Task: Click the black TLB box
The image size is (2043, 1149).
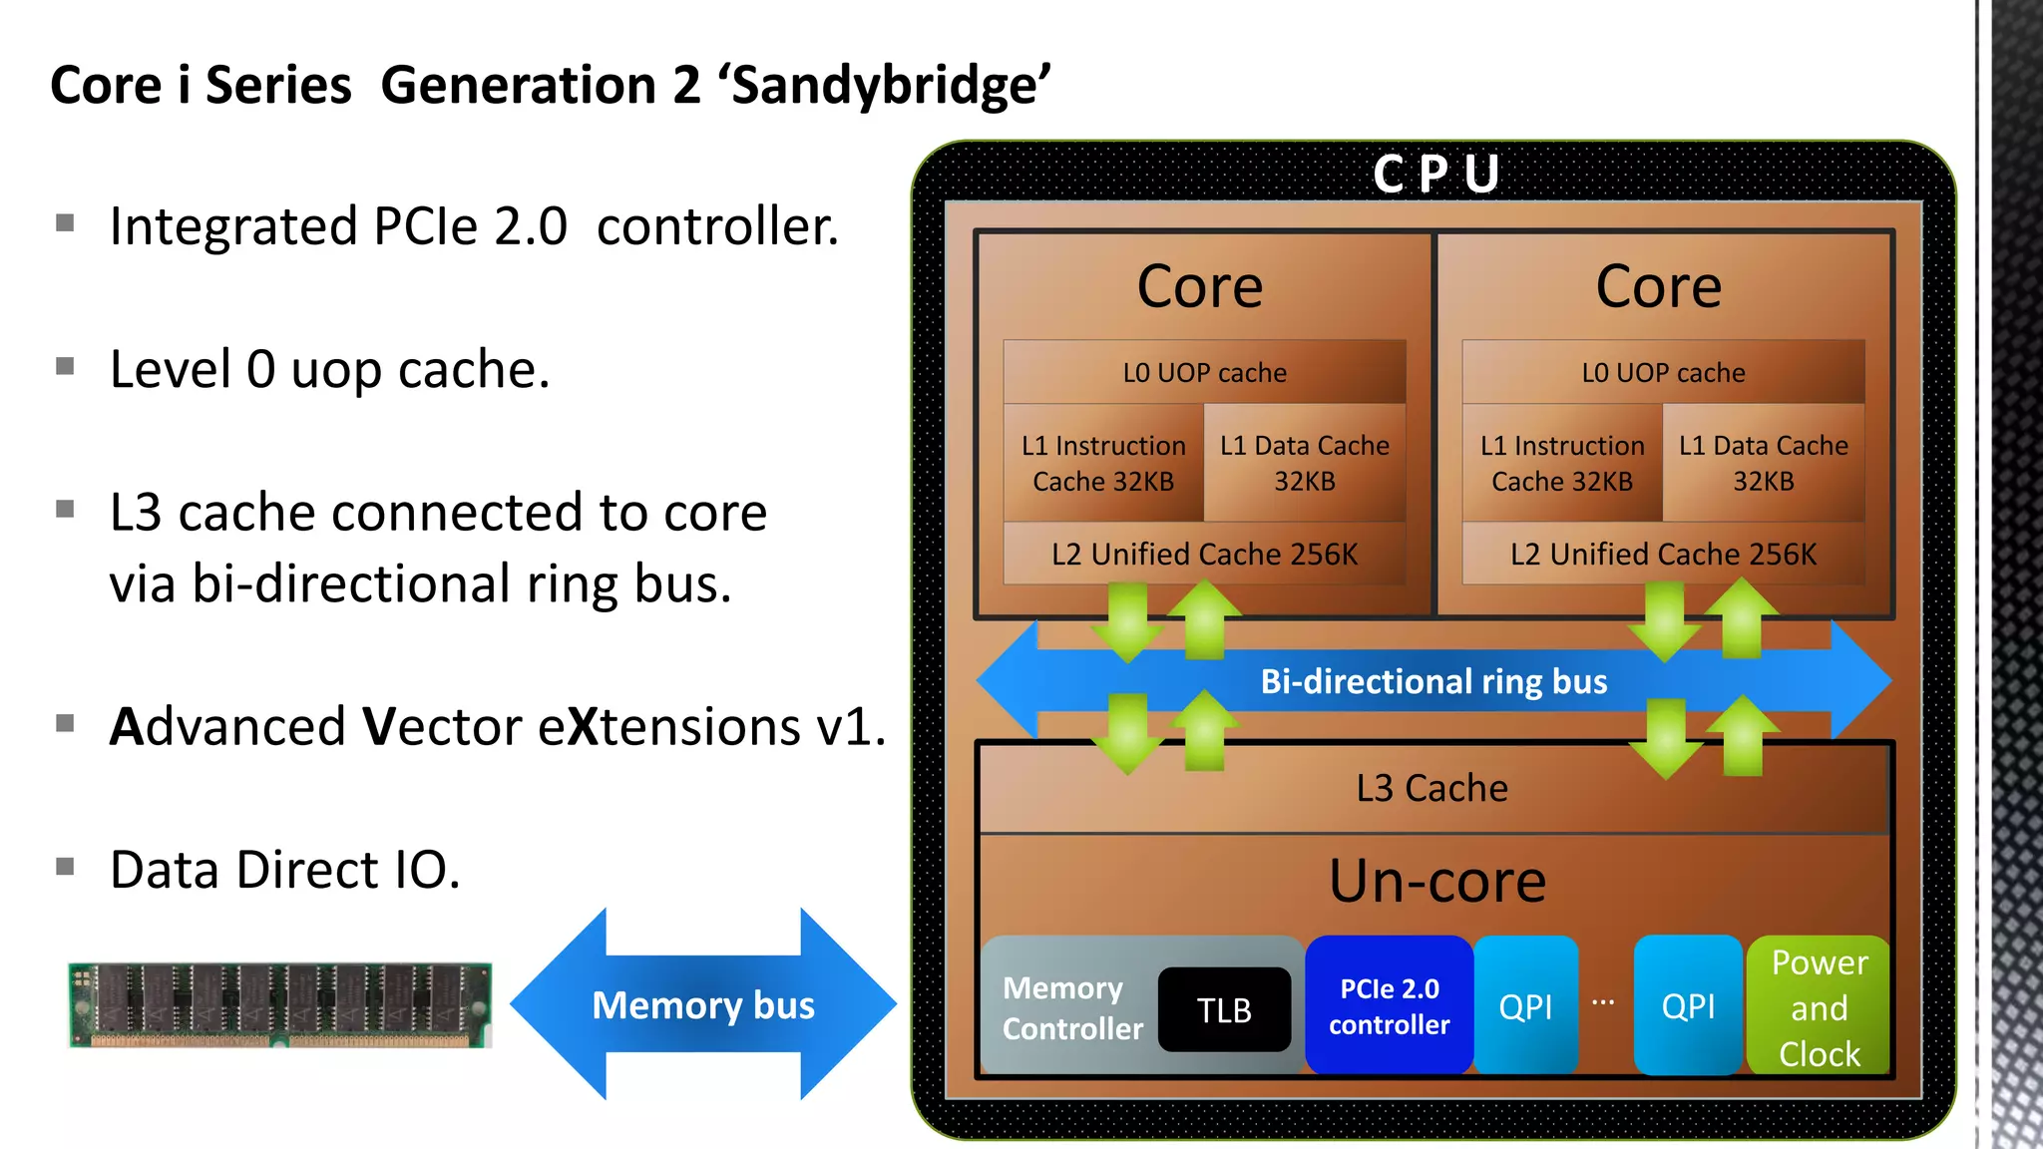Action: coord(1224,1009)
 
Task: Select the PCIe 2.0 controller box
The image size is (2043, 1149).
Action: coord(1389,1005)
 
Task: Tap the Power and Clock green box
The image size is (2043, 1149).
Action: coord(1819,1006)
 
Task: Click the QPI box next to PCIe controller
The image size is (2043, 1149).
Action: coord(1525,1005)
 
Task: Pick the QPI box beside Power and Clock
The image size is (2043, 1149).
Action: coord(1688,1005)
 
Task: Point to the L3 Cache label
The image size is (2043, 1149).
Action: coord(1431,788)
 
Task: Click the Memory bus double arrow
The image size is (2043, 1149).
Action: coord(703,1004)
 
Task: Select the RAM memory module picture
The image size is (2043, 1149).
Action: coord(280,1004)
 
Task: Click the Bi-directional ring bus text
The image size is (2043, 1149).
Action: coord(1433,681)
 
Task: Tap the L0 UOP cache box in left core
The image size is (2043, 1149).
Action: coord(1204,372)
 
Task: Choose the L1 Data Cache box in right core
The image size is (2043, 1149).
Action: coord(1763,463)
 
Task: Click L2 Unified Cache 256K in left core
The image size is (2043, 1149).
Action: coord(1204,554)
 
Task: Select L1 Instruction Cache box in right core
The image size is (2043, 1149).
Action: coord(1561,463)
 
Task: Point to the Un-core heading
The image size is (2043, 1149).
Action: coord(1436,882)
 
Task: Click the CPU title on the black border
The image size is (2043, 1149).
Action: coord(1436,174)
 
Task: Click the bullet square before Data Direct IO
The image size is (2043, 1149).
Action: coord(66,866)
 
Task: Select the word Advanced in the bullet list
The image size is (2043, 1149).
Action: coord(226,726)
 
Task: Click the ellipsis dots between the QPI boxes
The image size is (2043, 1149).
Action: coord(1603,1001)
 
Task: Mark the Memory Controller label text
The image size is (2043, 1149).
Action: coord(1071,1007)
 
